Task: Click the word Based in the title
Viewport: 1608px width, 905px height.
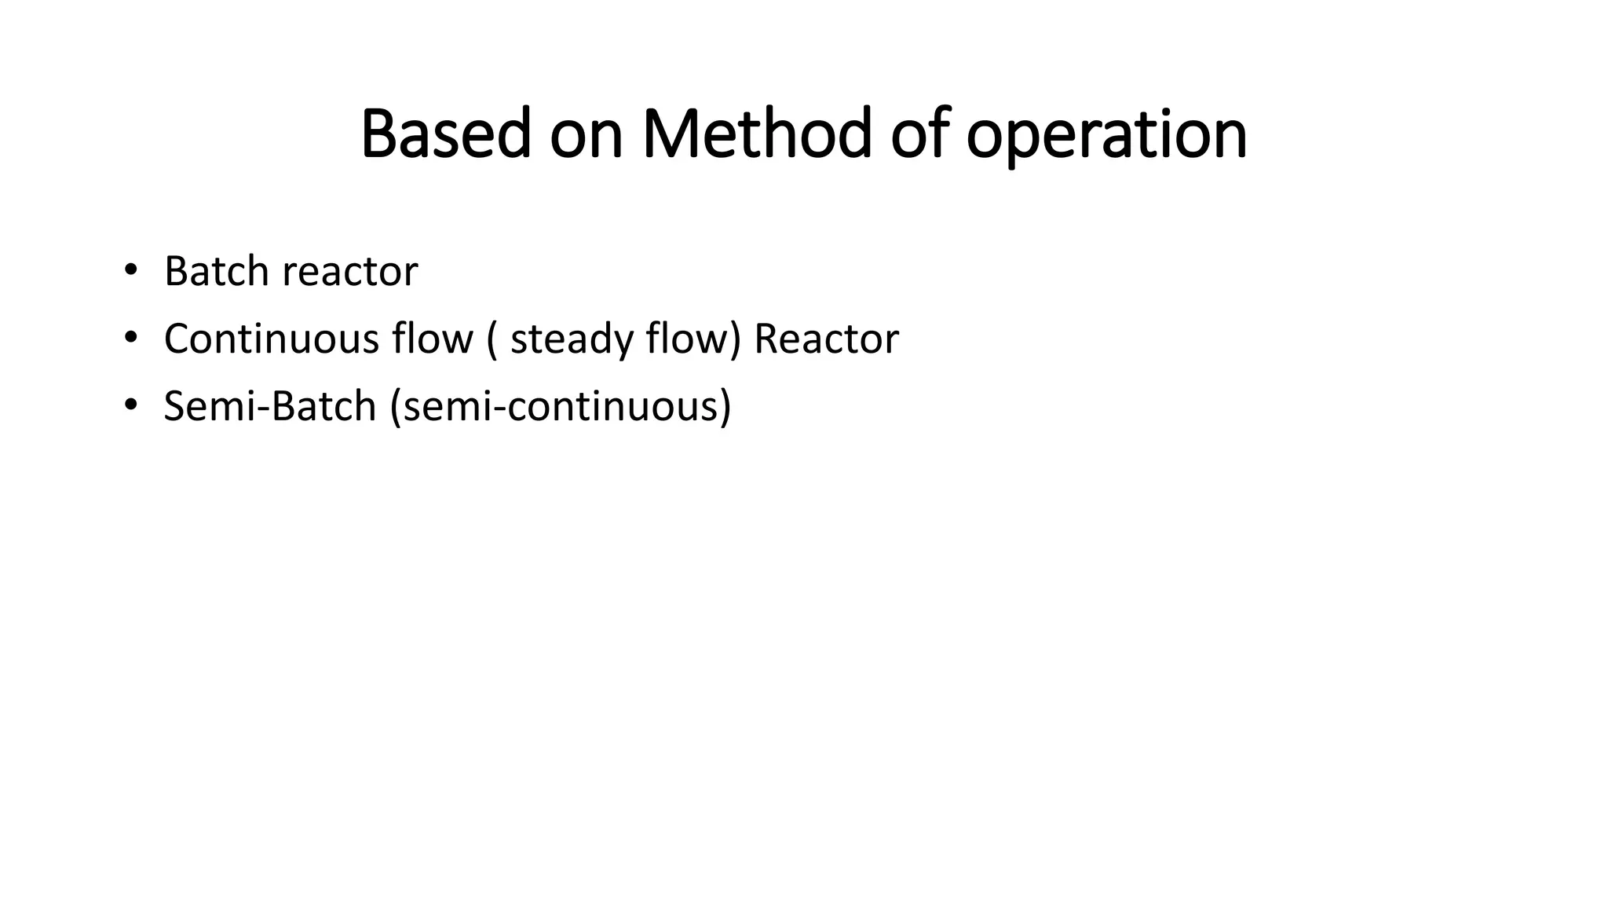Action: tap(445, 134)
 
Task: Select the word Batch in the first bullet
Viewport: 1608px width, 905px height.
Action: tap(216, 271)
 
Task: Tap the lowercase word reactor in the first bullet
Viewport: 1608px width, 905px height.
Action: tap(349, 273)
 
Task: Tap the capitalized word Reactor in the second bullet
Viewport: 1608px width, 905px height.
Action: tap(826, 339)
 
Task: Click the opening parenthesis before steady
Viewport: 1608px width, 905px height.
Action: tap(492, 340)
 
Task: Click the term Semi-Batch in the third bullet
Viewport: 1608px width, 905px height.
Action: tap(269, 406)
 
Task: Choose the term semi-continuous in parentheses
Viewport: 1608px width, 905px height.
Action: tap(560, 407)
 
